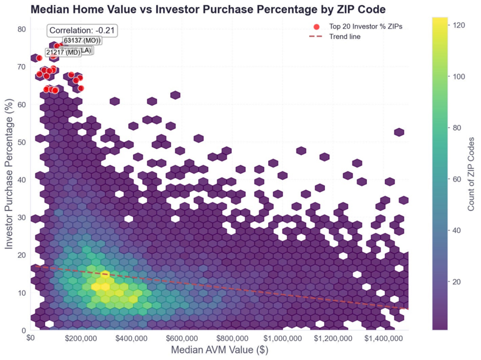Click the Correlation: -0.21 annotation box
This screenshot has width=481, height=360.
pos(82,30)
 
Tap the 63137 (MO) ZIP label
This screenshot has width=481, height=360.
pos(82,40)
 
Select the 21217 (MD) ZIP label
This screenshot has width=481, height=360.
pos(63,52)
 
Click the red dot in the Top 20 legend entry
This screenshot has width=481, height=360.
pos(316,26)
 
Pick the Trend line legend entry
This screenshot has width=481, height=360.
pos(344,37)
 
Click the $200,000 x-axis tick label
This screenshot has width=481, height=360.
pos(81,338)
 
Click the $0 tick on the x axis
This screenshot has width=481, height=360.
pos(31,338)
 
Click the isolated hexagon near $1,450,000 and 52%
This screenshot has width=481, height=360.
pos(399,132)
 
